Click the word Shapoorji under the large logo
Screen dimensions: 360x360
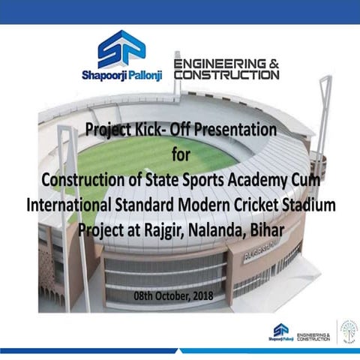(x=103, y=75)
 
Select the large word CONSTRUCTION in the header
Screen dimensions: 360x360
(x=226, y=75)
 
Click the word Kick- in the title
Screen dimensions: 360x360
(x=154, y=130)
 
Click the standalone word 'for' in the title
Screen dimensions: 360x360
(x=181, y=155)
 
